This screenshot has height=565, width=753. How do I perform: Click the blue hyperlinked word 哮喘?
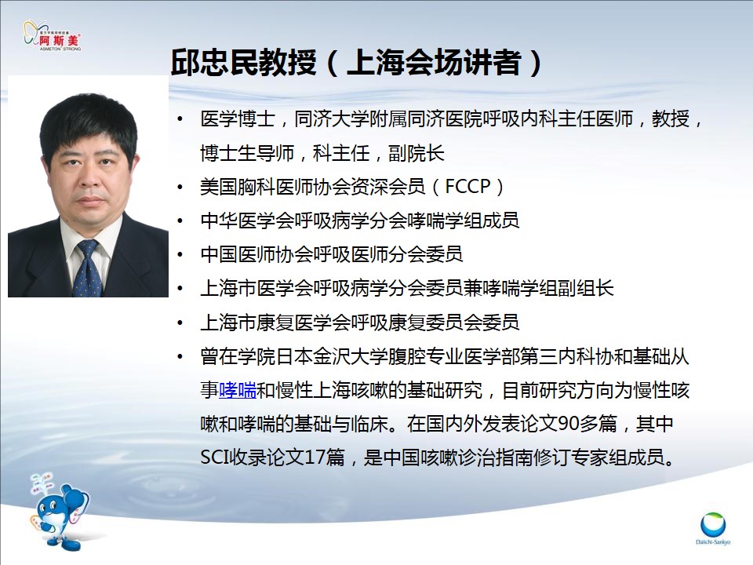[238, 390]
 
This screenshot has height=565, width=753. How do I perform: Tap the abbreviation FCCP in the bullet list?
[467, 187]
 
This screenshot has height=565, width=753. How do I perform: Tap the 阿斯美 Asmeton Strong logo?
[53, 36]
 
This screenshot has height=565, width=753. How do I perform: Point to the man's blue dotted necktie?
[87, 268]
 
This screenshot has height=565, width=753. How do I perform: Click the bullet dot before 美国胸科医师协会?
[180, 187]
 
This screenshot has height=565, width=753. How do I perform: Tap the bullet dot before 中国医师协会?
[180, 254]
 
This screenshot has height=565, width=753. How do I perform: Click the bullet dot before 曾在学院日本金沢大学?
[180, 356]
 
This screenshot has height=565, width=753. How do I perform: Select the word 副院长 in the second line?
[417, 153]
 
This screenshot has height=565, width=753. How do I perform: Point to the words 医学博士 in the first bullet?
[238, 118]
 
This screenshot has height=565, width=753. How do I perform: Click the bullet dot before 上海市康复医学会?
[180, 323]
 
